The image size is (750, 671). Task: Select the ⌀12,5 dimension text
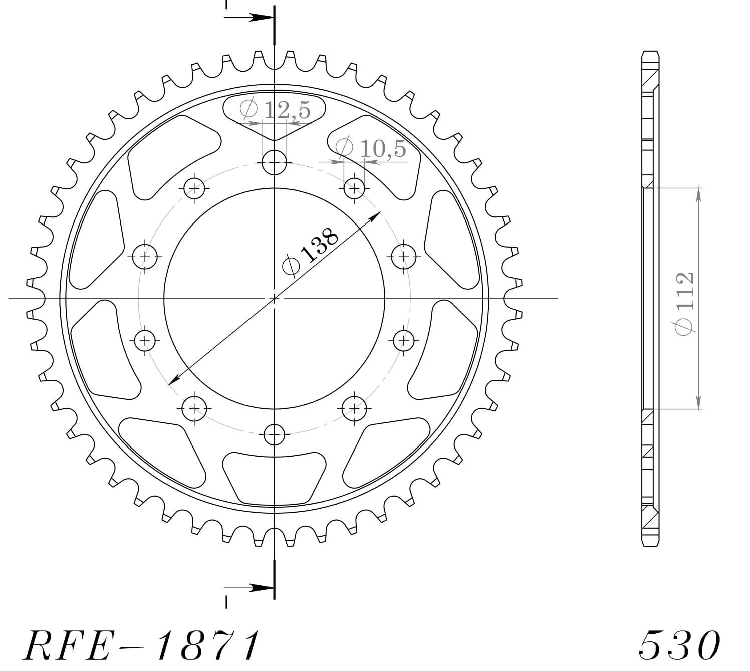click(x=276, y=109)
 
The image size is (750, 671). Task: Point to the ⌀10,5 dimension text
click(x=371, y=148)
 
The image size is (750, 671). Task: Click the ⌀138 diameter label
click(x=312, y=252)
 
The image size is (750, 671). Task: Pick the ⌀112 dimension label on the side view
click(x=684, y=304)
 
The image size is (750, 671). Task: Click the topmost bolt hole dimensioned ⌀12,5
click(x=274, y=162)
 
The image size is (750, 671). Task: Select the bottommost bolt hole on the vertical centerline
click(x=274, y=434)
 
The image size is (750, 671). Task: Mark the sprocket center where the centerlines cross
click(x=274, y=299)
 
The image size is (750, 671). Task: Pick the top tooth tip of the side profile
click(x=650, y=53)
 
